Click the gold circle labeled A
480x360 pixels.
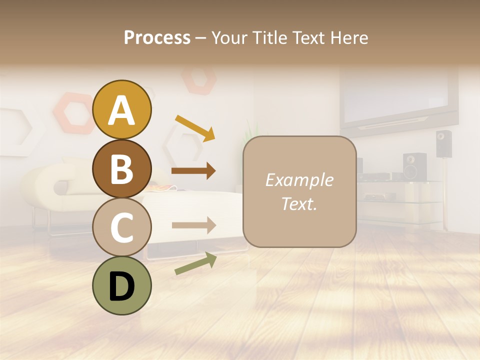(x=121, y=110)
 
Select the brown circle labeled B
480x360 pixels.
(x=121, y=168)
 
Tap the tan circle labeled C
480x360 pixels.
(x=121, y=227)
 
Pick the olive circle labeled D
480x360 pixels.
(x=121, y=285)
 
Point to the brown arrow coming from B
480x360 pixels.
(x=193, y=171)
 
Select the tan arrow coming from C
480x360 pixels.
(x=193, y=225)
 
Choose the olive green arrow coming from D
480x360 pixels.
(x=195, y=263)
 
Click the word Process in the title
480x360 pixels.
(x=157, y=38)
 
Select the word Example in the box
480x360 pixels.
(x=299, y=180)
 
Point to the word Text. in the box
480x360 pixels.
(x=299, y=203)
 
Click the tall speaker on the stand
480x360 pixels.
(x=443, y=143)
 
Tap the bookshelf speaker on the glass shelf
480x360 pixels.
(x=414, y=166)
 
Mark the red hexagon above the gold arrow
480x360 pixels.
(x=198, y=79)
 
